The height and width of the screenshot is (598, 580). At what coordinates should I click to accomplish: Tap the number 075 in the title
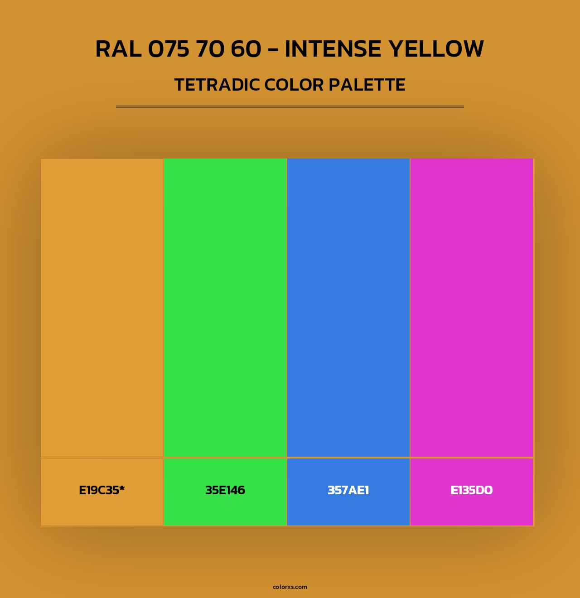[x=169, y=49]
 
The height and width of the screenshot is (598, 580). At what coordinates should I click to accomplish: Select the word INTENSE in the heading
[x=333, y=49]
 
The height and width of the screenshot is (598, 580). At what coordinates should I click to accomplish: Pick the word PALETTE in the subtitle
[x=367, y=85]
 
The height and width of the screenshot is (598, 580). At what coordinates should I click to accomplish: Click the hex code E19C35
[x=99, y=490]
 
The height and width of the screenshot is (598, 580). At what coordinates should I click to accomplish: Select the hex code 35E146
[x=225, y=490]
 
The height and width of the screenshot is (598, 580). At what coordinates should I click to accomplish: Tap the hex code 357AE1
[x=348, y=490]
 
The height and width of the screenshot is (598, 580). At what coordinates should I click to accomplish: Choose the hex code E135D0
[x=471, y=490]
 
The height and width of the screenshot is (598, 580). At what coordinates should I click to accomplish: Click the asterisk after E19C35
[x=122, y=488]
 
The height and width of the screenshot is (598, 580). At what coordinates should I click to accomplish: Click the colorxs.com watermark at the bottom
[x=290, y=587]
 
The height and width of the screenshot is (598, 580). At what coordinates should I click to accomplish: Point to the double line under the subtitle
[x=290, y=107]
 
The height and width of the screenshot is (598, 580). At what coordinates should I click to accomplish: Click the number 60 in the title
[x=246, y=49]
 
